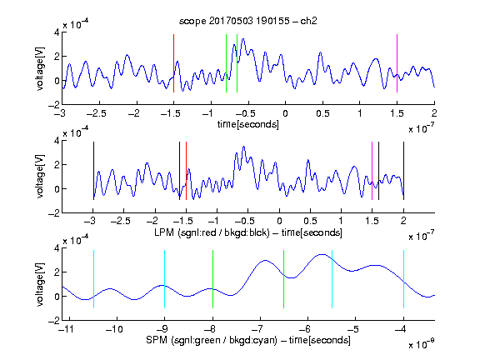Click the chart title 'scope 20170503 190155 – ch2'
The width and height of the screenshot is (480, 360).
tap(248, 21)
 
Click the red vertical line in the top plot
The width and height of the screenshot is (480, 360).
tap(174, 63)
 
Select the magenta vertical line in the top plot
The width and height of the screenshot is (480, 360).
tap(397, 63)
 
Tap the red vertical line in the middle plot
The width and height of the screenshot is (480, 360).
tap(186, 171)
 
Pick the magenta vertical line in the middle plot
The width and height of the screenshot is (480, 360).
tap(372, 171)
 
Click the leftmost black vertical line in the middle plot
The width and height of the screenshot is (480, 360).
tap(93, 171)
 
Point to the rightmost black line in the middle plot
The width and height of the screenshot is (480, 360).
tap(404, 171)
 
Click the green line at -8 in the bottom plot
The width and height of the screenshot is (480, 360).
tap(212, 279)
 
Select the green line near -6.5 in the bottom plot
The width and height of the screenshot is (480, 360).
tap(284, 279)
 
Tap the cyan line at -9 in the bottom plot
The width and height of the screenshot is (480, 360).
tap(165, 279)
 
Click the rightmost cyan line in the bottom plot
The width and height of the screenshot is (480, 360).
tap(404, 279)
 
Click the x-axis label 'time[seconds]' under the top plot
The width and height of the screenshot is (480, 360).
tap(248, 124)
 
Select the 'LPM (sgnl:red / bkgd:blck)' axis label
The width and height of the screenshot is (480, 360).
tap(212, 232)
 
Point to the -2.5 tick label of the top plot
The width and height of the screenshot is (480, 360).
tap(97, 113)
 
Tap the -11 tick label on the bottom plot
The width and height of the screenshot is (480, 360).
tap(66, 329)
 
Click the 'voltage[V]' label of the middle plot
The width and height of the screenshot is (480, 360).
tap(40, 177)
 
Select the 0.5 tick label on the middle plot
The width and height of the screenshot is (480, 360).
tap(310, 221)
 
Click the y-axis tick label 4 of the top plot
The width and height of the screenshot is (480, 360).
tap(57, 32)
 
